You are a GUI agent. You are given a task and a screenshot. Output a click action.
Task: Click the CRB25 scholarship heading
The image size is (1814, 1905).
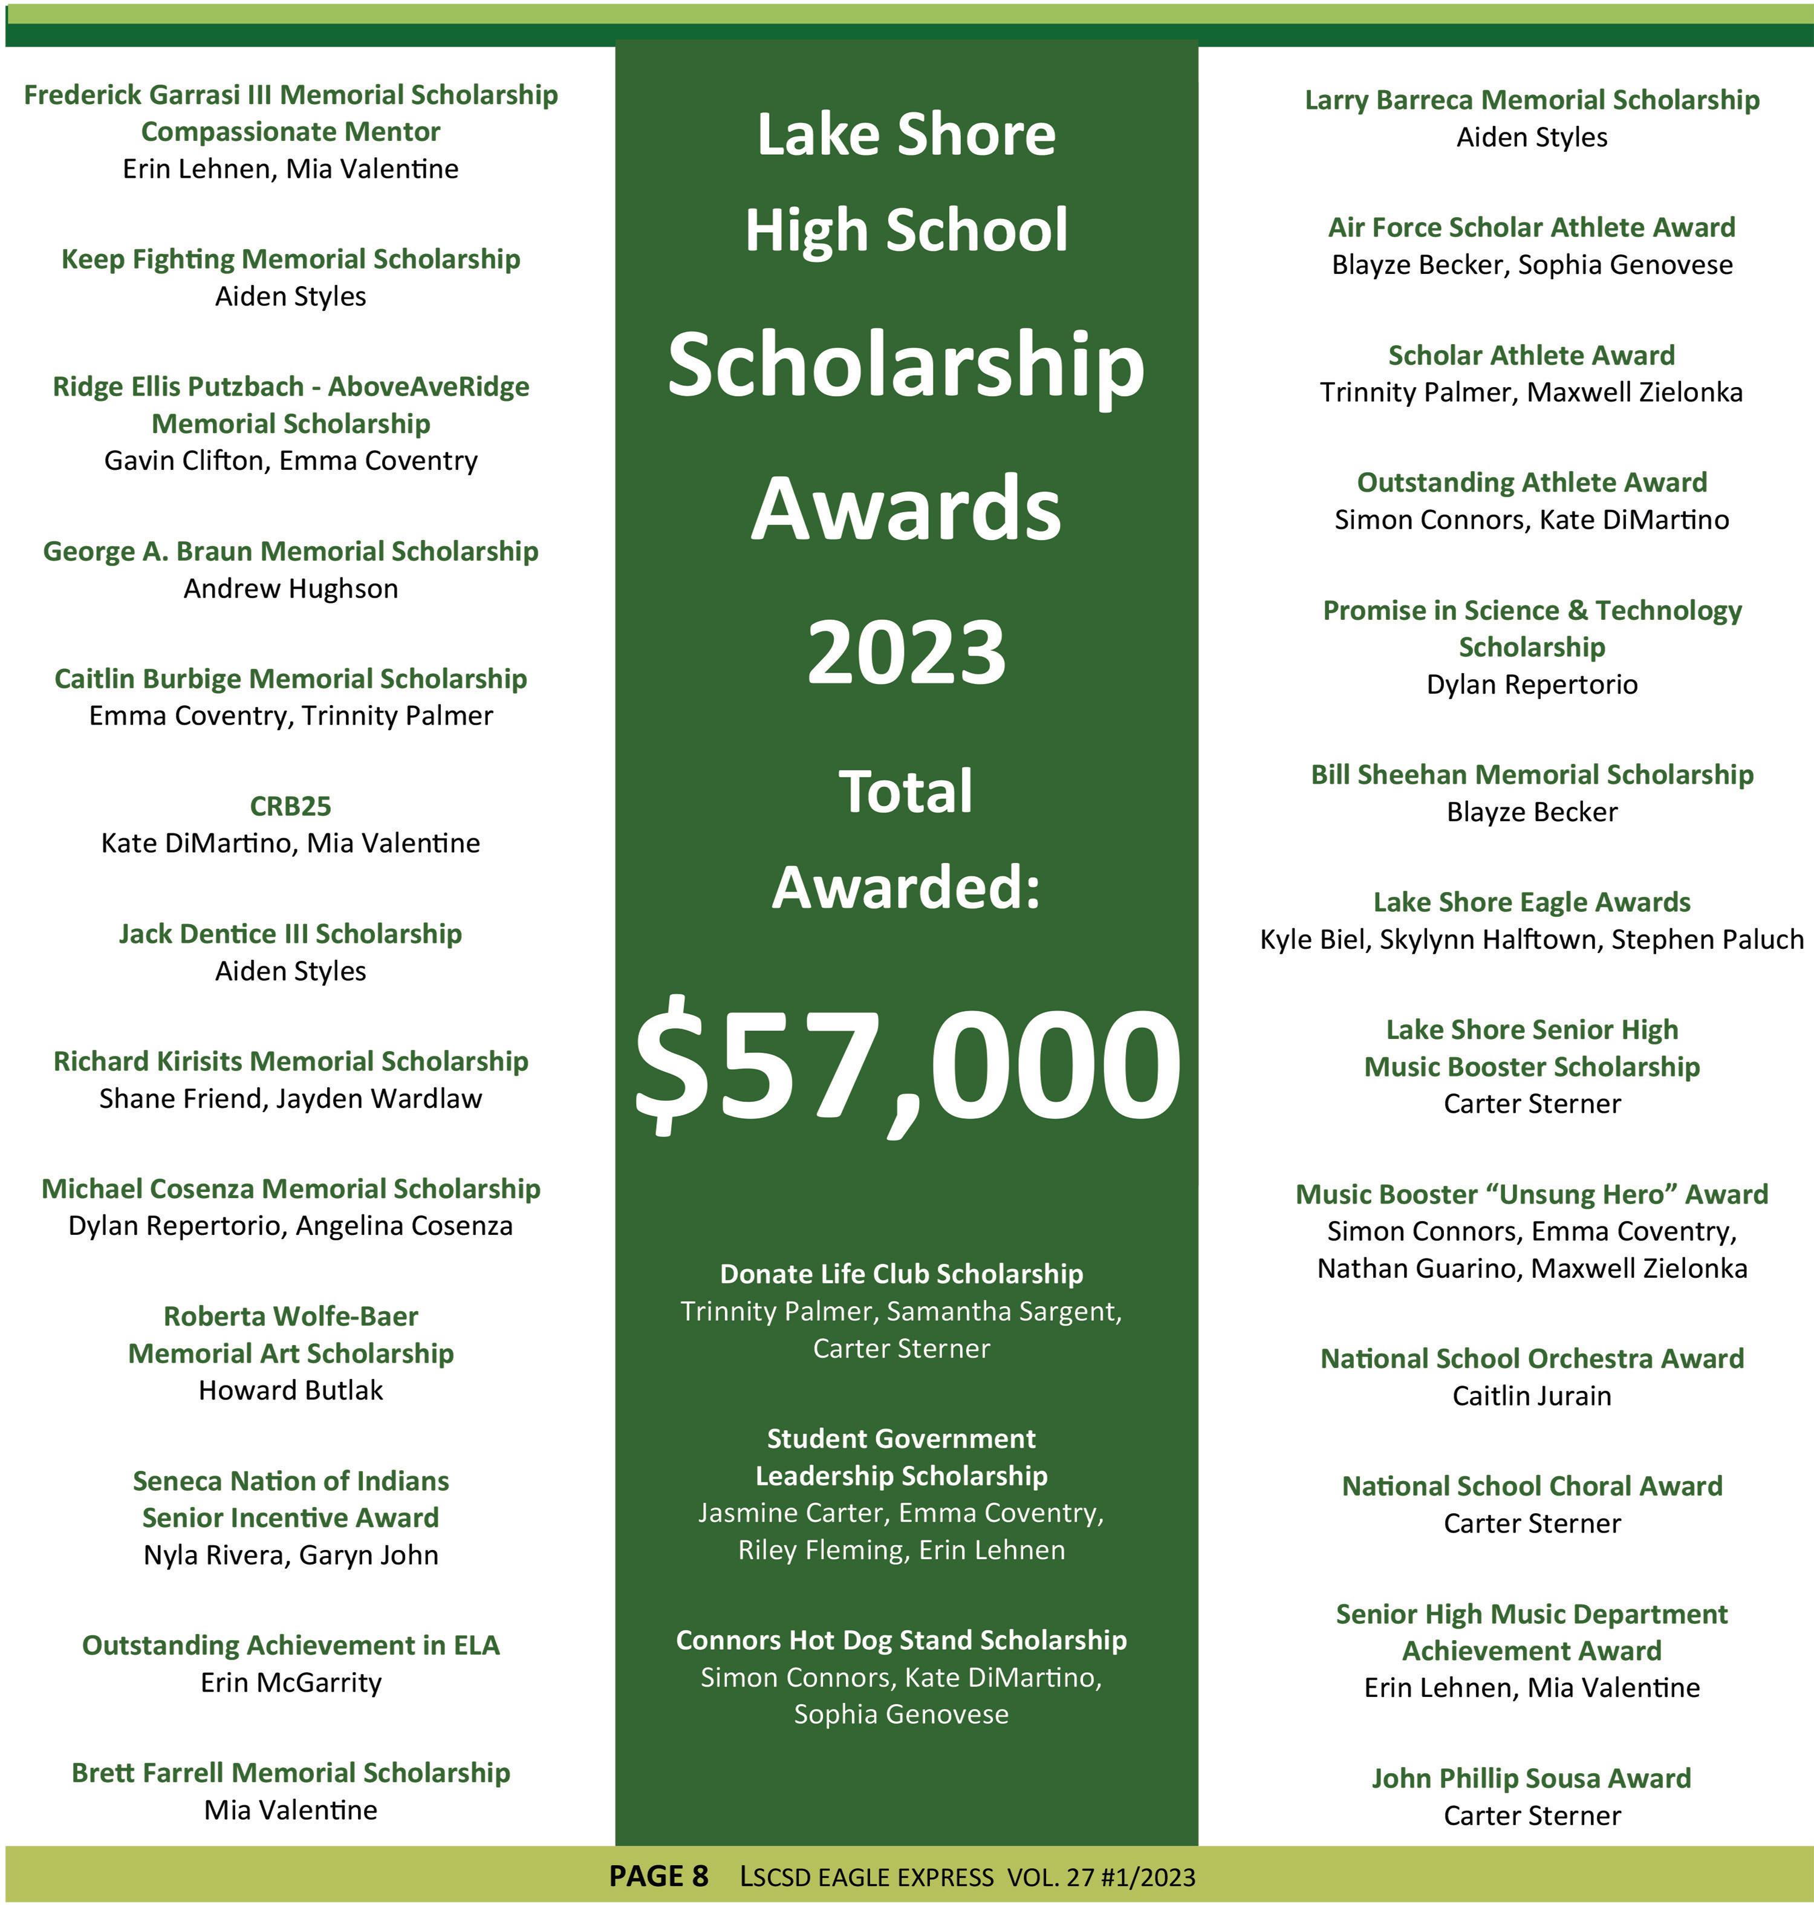[x=290, y=806]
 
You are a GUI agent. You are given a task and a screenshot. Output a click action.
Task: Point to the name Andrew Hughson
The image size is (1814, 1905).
[x=290, y=588]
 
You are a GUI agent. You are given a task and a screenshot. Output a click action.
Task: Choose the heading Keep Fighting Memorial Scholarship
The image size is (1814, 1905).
[x=290, y=259]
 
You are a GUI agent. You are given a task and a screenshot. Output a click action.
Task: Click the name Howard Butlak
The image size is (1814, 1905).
[x=290, y=1390]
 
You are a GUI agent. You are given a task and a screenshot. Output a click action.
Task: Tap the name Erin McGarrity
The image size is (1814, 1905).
[x=290, y=1682]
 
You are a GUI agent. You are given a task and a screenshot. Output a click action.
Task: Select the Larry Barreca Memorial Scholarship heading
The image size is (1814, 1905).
[x=1532, y=100]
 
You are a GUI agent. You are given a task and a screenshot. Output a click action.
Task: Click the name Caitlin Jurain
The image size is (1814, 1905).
[x=1532, y=1395]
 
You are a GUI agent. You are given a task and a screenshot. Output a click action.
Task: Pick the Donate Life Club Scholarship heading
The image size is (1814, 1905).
[x=901, y=1274]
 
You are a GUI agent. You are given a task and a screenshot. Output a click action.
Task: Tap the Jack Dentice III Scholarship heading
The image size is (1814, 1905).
[x=290, y=933]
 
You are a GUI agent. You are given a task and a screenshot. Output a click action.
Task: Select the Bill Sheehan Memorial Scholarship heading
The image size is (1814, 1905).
[x=1532, y=775]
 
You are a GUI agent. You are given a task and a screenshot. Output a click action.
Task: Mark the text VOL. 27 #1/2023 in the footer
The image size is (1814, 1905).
[x=1100, y=1877]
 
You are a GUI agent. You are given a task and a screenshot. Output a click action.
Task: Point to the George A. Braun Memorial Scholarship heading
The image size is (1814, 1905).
[x=290, y=551]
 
